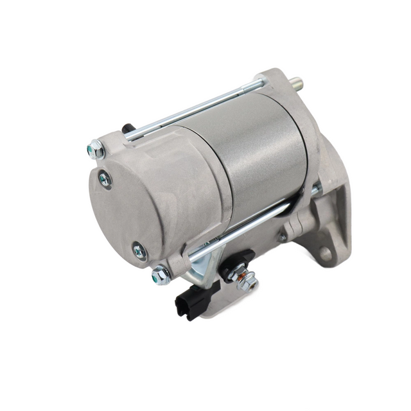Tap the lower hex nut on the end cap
click(161, 275)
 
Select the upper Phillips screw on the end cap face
click(105, 179)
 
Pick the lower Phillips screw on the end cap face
click(139, 252)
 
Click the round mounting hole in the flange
click(326, 254)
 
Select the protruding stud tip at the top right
click(297, 84)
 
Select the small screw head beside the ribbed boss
click(281, 237)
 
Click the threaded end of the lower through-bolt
click(316, 189)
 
